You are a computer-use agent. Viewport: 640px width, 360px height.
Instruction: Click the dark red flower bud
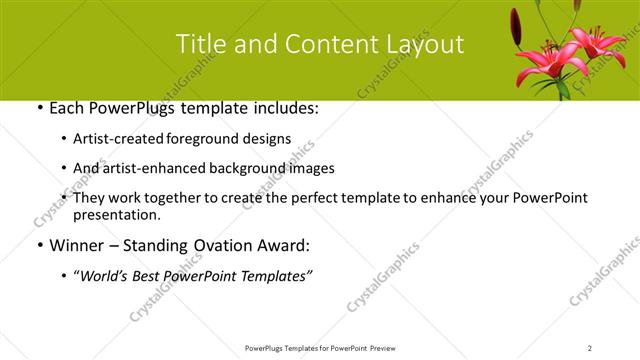(517, 22)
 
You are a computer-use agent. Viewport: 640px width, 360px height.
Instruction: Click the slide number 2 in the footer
(590, 347)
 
